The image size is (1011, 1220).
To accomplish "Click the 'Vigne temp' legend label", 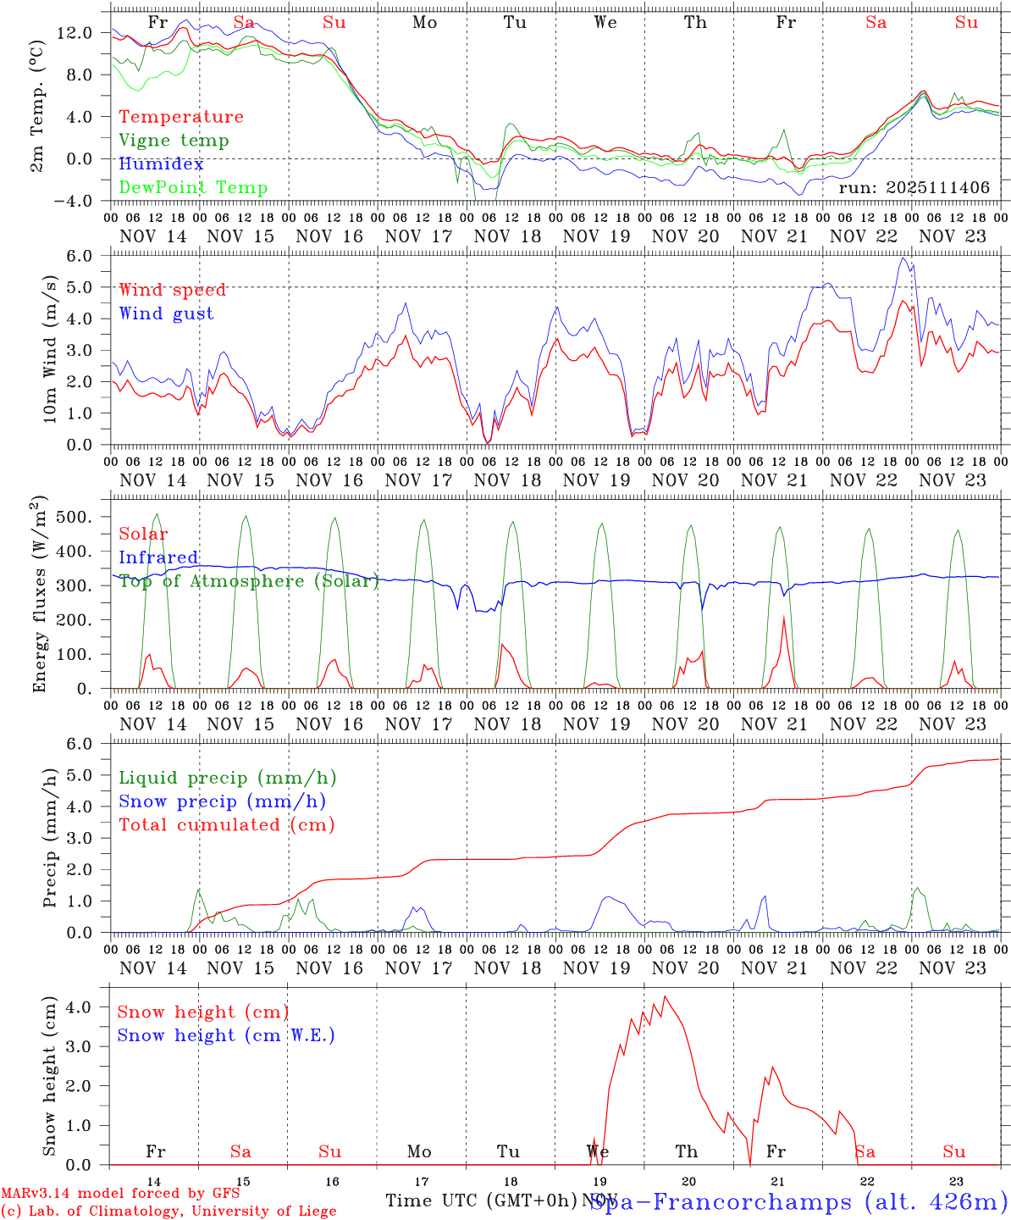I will [x=174, y=141].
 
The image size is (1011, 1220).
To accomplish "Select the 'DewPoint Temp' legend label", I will [x=193, y=188].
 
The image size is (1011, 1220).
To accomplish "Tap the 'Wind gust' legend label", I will [x=166, y=313].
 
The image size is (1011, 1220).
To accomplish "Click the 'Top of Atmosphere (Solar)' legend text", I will [x=249, y=581].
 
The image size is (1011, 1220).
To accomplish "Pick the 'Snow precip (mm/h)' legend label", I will [x=222, y=801].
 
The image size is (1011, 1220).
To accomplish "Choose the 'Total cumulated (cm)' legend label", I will [x=226, y=825].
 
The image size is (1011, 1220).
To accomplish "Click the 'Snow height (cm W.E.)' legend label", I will [x=226, y=1035].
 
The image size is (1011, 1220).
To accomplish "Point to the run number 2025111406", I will [x=914, y=188].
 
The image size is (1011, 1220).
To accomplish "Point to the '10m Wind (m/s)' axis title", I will [x=50, y=348].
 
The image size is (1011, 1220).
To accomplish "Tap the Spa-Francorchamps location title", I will [x=798, y=1201].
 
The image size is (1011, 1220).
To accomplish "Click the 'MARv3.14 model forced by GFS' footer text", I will [x=119, y=1194].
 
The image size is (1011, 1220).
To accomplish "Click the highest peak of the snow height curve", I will [x=665, y=996].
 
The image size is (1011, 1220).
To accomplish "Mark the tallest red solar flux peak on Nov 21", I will [x=784, y=618].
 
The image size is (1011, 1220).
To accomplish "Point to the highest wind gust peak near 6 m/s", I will [x=903, y=258].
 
